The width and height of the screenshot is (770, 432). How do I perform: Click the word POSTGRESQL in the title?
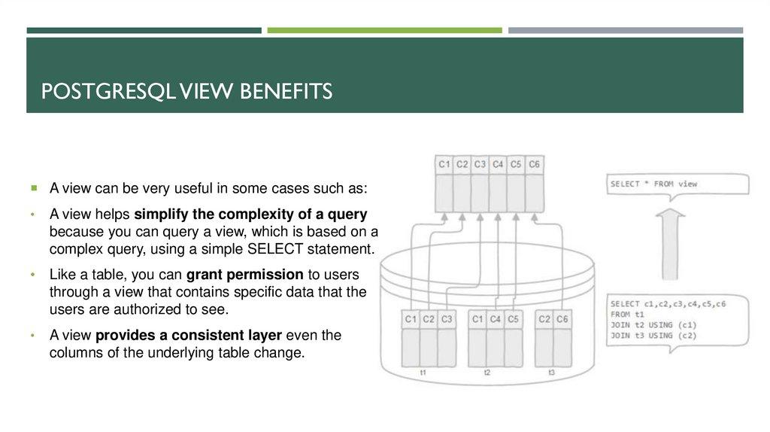[x=108, y=91]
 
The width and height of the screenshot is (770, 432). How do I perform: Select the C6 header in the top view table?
[x=535, y=164]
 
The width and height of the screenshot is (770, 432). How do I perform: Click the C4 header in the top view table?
[x=498, y=164]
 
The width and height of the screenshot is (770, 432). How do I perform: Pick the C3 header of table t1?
[x=447, y=319]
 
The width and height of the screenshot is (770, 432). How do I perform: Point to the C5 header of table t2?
[x=513, y=319]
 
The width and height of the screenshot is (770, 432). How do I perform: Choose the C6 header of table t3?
[x=562, y=319]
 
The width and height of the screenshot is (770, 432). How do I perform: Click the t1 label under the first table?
[x=423, y=373]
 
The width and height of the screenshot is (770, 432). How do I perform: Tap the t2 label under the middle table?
[x=487, y=373]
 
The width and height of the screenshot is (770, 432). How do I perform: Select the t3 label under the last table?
[x=551, y=373]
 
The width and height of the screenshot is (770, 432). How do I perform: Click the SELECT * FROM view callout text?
[x=653, y=184]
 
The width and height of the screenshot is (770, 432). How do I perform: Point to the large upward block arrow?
[x=670, y=245]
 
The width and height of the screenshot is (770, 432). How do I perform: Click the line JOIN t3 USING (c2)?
[x=653, y=336]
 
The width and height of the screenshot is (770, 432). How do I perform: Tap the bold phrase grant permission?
[x=245, y=274]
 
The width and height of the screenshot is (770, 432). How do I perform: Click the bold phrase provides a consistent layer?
[x=189, y=335]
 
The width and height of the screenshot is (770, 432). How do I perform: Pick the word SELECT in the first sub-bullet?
[x=275, y=248]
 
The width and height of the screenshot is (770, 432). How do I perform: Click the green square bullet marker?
[x=34, y=187]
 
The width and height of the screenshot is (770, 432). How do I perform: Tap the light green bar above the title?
[x=384, y=30]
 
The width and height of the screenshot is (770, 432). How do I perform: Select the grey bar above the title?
[x=626, y=30]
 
